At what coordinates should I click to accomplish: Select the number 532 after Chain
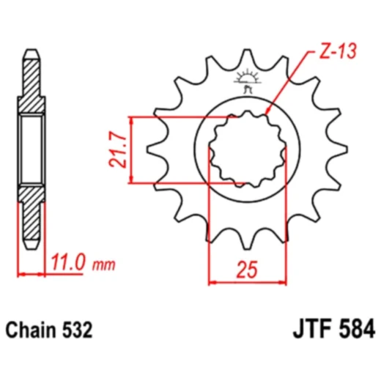(77, 330)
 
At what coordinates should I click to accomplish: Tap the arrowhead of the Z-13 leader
(267, 112)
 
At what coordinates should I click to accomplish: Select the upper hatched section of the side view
(31, 84)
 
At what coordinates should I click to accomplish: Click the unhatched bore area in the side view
(31, 149)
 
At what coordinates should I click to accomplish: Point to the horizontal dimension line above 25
(248, 281)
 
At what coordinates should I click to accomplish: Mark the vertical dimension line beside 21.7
(131, 149)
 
